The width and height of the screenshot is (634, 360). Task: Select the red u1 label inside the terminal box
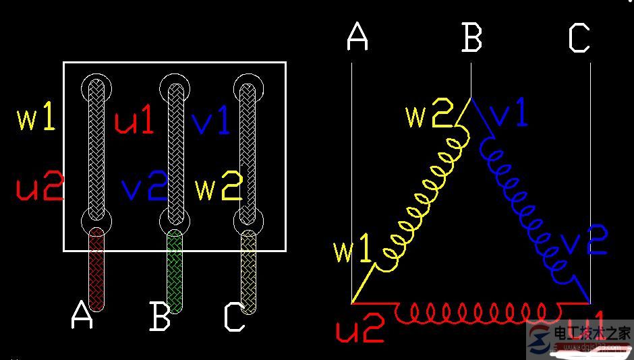134,121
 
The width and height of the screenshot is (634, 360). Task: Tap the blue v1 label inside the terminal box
210,121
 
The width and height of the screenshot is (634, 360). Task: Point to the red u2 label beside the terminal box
39,187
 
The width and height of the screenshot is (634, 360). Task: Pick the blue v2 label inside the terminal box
144,188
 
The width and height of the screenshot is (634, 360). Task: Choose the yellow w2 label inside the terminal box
218,189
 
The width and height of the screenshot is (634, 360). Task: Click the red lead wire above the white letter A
97,270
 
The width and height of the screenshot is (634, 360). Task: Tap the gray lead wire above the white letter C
250,273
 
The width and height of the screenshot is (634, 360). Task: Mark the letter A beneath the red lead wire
82,316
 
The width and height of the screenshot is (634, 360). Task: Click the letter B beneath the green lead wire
160,317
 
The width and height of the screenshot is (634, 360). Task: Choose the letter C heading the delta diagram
579,38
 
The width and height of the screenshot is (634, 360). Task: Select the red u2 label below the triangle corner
359,330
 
